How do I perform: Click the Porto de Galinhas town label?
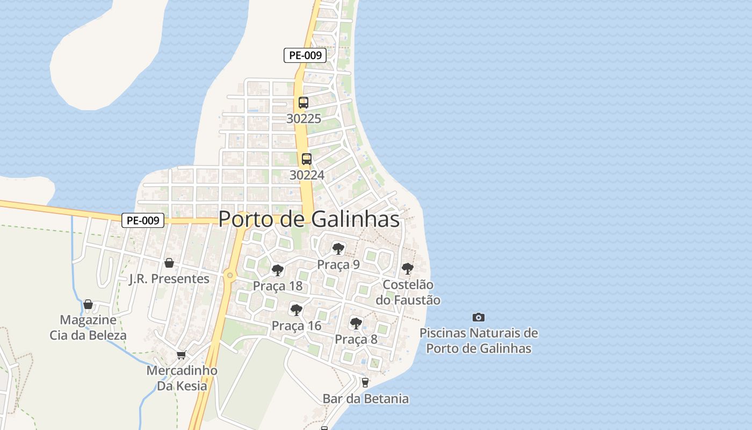[309, 219]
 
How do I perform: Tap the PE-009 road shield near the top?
[305, 55]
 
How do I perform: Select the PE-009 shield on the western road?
[143, 220]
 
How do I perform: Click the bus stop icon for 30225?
[303, 103]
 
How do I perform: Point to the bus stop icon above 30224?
[307, 159]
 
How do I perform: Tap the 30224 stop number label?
[307, 175]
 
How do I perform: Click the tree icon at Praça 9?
[338, 248]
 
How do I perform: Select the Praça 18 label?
[278, 286]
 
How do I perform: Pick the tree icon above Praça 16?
[296, 310]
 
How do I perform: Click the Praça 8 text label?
[356, 339]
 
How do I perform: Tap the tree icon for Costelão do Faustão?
[408, 268]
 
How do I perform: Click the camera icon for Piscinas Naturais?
[478, 317]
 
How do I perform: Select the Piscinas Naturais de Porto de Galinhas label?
[479, 341]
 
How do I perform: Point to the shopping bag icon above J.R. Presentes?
[169, 263]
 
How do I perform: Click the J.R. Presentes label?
[169, 278]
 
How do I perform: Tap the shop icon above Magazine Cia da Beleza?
[88, 305]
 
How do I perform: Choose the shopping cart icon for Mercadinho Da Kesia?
[182, 355]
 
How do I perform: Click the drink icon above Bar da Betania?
[365, 383]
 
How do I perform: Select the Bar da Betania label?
[365, 399]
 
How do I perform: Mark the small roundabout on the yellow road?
[230, 276]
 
